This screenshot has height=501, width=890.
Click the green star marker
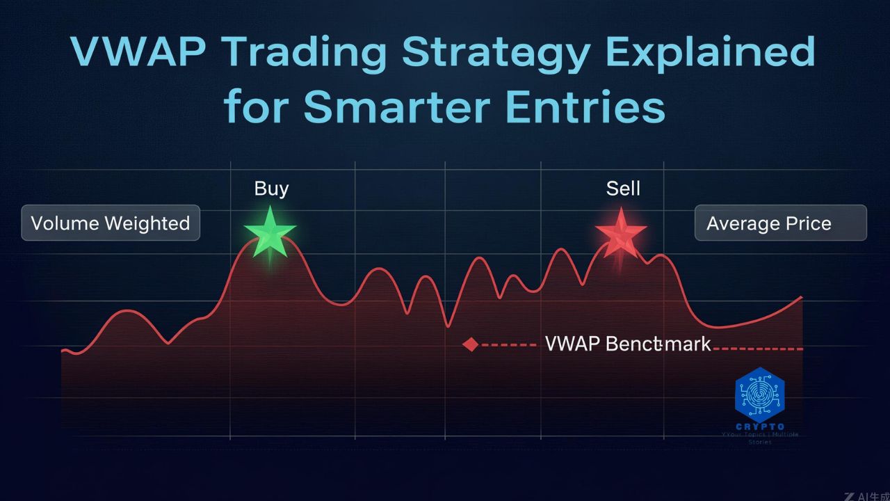coord(270,231)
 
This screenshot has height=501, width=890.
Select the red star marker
coord(621,232)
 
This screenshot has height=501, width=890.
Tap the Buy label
coord(271,189)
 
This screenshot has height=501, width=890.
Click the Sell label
coord(623,189)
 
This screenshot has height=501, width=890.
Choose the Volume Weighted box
coord(111,223)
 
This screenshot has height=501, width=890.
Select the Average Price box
coord(780,223)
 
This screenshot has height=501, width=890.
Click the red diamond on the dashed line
coord(471,344)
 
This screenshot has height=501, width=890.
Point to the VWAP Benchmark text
coord(628,344)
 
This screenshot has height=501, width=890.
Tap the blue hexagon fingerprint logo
coord(759,394)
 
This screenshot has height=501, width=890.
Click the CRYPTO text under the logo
coord(759,427)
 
